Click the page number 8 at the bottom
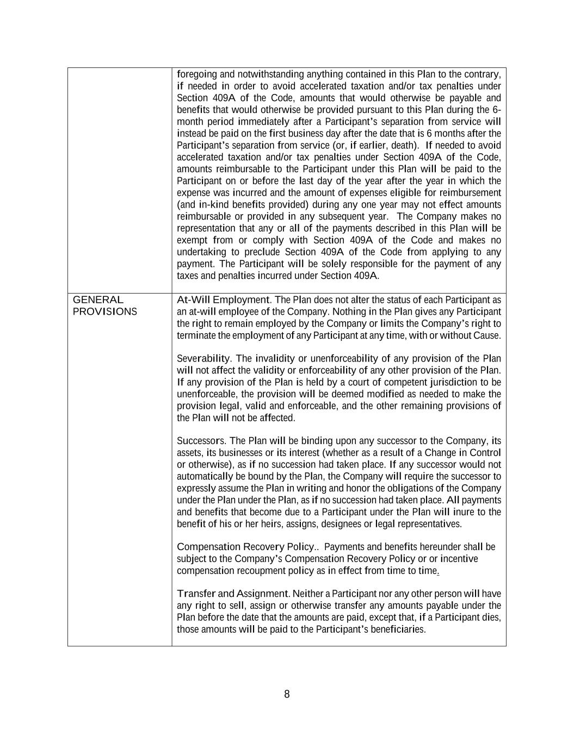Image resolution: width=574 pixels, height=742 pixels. pyautogui.click(x=287, y=694)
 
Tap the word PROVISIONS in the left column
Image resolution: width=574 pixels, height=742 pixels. pyautogui.click(x=105, y=311)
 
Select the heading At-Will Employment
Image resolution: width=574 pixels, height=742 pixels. pyautogui.click(x=223, y=300)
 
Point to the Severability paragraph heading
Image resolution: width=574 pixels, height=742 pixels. pyautogui.click(x=203, y=358)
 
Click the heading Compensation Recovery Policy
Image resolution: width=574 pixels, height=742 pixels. pyautogui.click(x=245, y=546)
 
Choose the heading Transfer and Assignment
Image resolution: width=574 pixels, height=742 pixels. pyautogui.click(x=233, y=593)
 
